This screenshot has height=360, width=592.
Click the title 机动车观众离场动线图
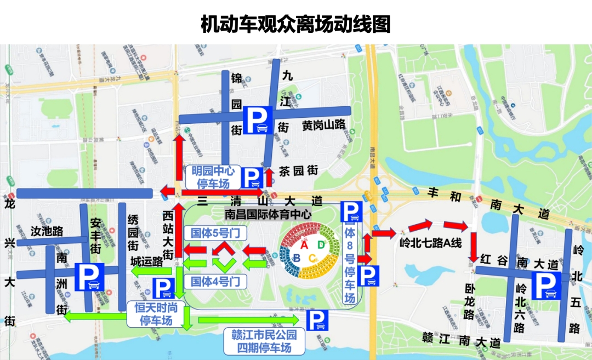pyautogui.click(x=295, y=24)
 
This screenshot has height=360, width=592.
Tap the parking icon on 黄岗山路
pyautogui.click(x=258, y=120)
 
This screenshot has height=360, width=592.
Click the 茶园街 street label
pyautogui.click(x=298, y=171)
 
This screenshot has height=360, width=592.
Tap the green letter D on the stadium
pyautogui.click(x=321, y=245)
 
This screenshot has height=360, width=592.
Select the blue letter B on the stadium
pyautogui.click(x=297, y=258)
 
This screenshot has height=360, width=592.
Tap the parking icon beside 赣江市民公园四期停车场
pyautogui.click(x=317, y=321)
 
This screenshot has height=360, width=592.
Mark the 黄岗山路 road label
pyautogui.click(x=323, y=125)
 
